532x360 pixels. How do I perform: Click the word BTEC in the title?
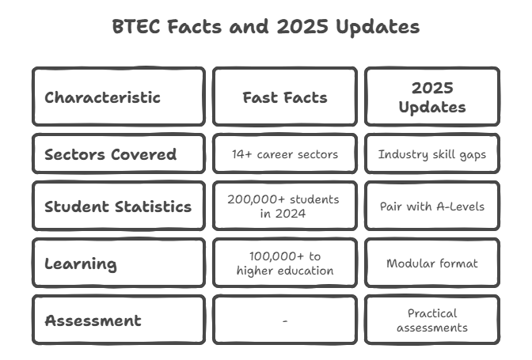click(136, 26)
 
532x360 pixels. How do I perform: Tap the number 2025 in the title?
click(302, 26)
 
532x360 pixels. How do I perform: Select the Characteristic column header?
click(102, 97)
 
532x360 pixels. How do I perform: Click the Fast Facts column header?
click(285, 97)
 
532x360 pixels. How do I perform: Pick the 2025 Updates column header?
click(432, 97)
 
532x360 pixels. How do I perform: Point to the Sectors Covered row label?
click(111, 154)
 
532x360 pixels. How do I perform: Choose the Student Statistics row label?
click(118, 207)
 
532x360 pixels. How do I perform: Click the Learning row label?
click(81, 263)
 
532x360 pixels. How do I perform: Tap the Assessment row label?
click(93, 320)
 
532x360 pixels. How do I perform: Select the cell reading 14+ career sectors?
click(285, 154)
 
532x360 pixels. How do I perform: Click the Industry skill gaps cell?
click(432, 154)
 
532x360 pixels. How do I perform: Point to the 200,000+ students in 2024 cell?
click(283, 207)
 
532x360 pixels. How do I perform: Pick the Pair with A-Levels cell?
click(432, 207)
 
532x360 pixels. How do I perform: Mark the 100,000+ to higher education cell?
click(285, 263)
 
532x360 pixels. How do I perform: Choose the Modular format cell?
click(432, 263)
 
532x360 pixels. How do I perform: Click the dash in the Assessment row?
click(285, 320)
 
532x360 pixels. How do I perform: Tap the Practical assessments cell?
click(432, 320)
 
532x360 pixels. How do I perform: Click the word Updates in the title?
click(378, 27)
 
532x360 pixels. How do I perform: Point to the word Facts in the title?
click(195, 26)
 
